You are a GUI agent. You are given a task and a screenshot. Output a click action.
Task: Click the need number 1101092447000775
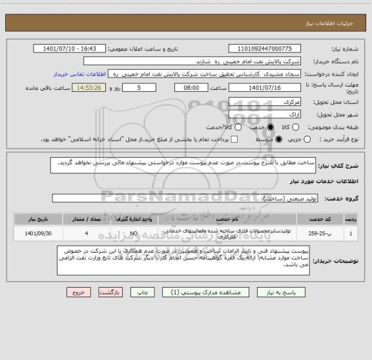coord(270,48)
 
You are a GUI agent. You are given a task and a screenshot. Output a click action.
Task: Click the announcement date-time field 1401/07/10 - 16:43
coord(70,48)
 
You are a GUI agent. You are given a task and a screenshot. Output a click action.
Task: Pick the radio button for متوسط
coord(279,139)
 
